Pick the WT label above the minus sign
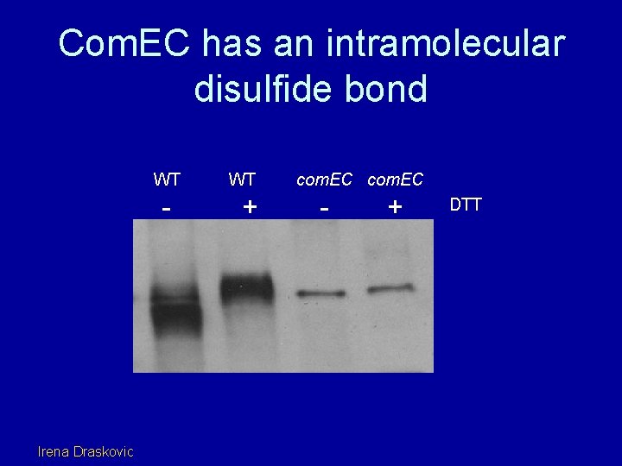167,179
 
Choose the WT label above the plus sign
242,179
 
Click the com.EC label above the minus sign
325,179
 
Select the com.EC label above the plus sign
396,179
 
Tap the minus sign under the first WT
167,208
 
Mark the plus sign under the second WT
250,206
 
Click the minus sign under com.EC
323,208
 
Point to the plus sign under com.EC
395,206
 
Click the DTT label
466,205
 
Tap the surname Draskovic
105,450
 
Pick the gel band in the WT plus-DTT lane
246,287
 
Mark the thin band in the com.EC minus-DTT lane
321,294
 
